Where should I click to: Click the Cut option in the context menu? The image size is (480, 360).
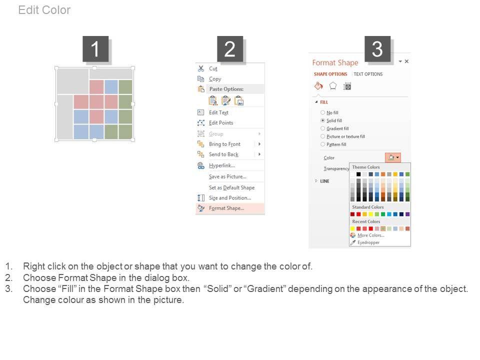click(213, 68)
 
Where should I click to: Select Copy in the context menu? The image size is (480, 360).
click(215, 79)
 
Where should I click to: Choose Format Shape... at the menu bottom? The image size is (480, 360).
click(226, 208)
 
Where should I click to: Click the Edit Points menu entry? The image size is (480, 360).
click(221, 123)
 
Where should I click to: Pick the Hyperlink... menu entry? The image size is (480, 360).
click(222, 165)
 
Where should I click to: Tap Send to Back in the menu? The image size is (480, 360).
click(223, 154)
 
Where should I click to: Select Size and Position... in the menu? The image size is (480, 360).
click(230, 198)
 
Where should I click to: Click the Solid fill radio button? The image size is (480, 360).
click(322, 120)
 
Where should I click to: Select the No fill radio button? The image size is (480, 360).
click(322, 112)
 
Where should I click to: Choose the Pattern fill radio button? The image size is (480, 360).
click(322, 144)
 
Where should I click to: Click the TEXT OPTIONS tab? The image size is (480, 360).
click(368, 74)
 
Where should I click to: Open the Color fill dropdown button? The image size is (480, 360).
click(393, 157)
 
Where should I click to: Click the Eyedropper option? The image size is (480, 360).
click(368, 242)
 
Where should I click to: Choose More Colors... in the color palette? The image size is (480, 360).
click(370, 235)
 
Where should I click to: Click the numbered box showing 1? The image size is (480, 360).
click(95, 49)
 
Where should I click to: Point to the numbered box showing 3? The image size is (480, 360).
click(377, 49)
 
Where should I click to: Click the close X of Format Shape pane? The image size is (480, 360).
click(406, 61)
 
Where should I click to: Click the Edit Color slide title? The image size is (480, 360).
click(44, 10)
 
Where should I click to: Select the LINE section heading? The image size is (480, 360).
click(324, 181)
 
